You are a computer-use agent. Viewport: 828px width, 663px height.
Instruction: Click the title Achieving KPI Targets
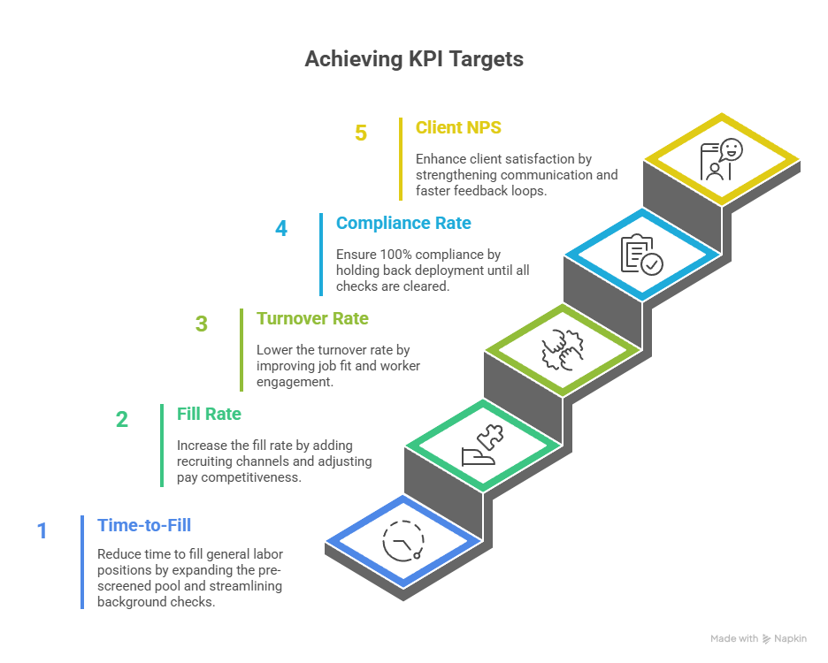coord(414,59)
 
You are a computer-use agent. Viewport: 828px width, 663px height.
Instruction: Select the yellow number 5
coord(361,133)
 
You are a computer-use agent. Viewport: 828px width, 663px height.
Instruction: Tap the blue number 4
coord(281,229)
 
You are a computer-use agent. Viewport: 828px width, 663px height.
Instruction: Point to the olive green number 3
coord(201,324)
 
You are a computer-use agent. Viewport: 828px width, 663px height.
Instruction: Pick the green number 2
coord(122,420)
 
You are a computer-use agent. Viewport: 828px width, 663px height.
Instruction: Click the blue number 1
coord(42,531)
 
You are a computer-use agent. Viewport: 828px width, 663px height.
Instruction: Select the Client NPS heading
coord(458,128)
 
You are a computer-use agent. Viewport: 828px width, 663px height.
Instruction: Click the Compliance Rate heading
coord(403,224)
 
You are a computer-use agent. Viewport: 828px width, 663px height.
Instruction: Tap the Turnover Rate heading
coord(312,319)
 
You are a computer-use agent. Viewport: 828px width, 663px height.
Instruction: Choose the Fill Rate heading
coord(209,415)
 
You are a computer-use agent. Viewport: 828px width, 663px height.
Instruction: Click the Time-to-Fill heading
coord(144,526)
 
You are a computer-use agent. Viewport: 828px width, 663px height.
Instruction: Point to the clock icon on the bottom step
coord(403,541)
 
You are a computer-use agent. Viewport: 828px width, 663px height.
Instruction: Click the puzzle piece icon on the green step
coord(491,436)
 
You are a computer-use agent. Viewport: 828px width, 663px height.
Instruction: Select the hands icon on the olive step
coord(563,350)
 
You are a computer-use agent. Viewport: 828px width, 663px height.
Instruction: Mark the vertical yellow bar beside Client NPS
coord(401,159)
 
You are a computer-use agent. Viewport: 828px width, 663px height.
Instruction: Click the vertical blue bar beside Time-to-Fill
coord(82,562)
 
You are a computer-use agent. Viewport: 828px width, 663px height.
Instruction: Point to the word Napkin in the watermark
coord(790,639)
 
